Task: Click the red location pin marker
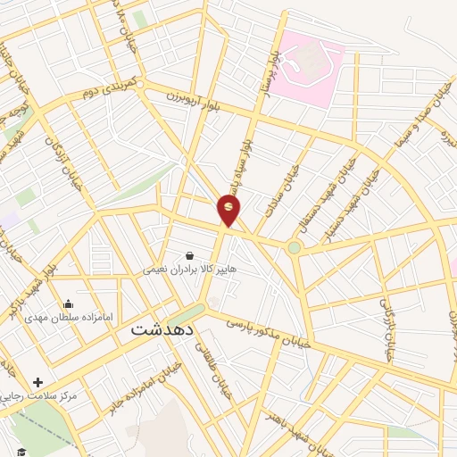[x=229, y=209]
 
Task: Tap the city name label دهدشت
[x=163, y=328]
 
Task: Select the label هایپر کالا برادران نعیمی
[x=188, y=269]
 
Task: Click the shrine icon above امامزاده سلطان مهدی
[x=69, y=304]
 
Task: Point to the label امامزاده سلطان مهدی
[x=69, y=317]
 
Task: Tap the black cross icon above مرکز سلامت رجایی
[x=37, y=382]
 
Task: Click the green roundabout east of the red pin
[x=294, y=247]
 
